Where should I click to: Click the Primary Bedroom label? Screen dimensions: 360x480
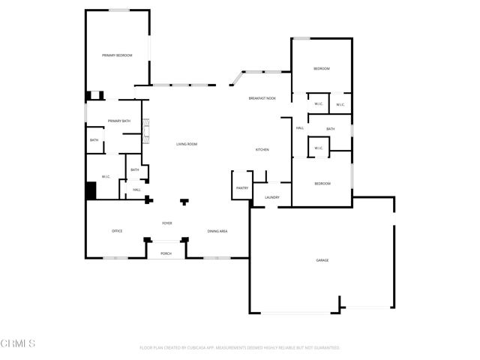[117, 55]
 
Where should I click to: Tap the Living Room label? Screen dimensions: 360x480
[187, 144]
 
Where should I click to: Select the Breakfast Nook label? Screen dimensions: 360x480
[262, 98]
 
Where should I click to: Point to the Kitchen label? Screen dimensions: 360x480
[262, 150]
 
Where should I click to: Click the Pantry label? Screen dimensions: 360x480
[241, 188]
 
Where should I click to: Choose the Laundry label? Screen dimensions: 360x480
[271, 197]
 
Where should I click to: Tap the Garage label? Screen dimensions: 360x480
[322, 260]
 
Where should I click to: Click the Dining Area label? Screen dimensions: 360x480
[217, 231]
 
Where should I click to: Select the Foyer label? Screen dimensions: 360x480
[167, 223]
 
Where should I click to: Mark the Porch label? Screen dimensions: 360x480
[166, 253]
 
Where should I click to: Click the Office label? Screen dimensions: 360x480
[117, 231]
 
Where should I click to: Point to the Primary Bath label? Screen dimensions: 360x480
[118, 121]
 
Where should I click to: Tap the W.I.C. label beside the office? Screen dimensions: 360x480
[106, 177]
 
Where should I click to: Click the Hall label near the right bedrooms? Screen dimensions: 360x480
[299, 128]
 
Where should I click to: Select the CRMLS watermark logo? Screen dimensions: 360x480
[18, 343]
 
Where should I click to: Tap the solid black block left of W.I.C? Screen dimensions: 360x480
[91, 190]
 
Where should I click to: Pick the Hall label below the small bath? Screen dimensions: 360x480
[136, 190]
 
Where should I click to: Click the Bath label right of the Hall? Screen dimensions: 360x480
[330, 129]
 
